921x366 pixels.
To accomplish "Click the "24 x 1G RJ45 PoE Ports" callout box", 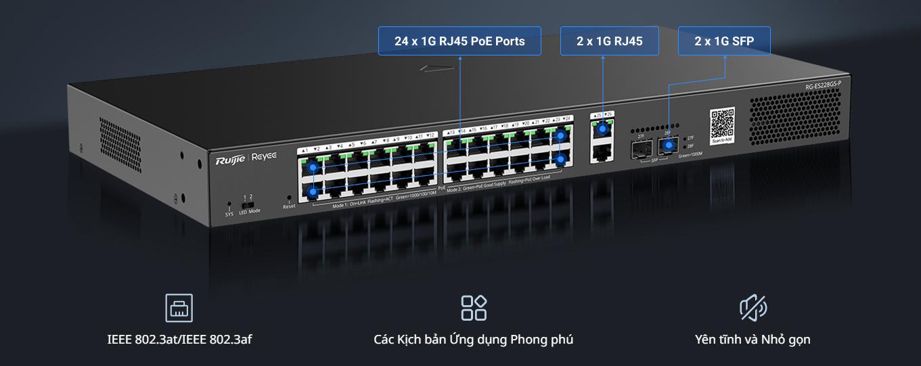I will (x=459, y=41).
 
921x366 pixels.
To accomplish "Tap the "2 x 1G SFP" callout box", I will (x=723, y=41).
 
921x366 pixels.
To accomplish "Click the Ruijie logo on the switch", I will (x=230, y=160).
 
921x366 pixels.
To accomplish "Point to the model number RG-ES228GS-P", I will (x=823, y=85).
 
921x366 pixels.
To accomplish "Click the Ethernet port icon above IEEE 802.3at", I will (x=179, y=308).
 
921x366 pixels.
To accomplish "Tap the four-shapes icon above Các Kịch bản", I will (x=474, y=308).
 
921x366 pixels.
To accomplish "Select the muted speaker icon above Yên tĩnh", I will (x=752, y=308).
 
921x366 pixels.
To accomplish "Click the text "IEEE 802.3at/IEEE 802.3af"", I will (x=179, y=339).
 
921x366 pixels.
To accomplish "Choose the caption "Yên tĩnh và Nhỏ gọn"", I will (x=752, y=339).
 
